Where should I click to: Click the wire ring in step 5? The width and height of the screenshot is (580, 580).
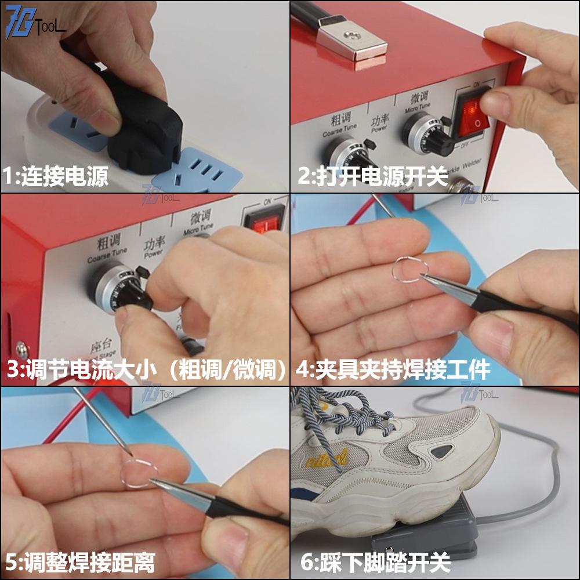[138, 472]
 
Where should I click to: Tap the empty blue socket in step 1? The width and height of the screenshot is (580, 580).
[206, 168]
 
